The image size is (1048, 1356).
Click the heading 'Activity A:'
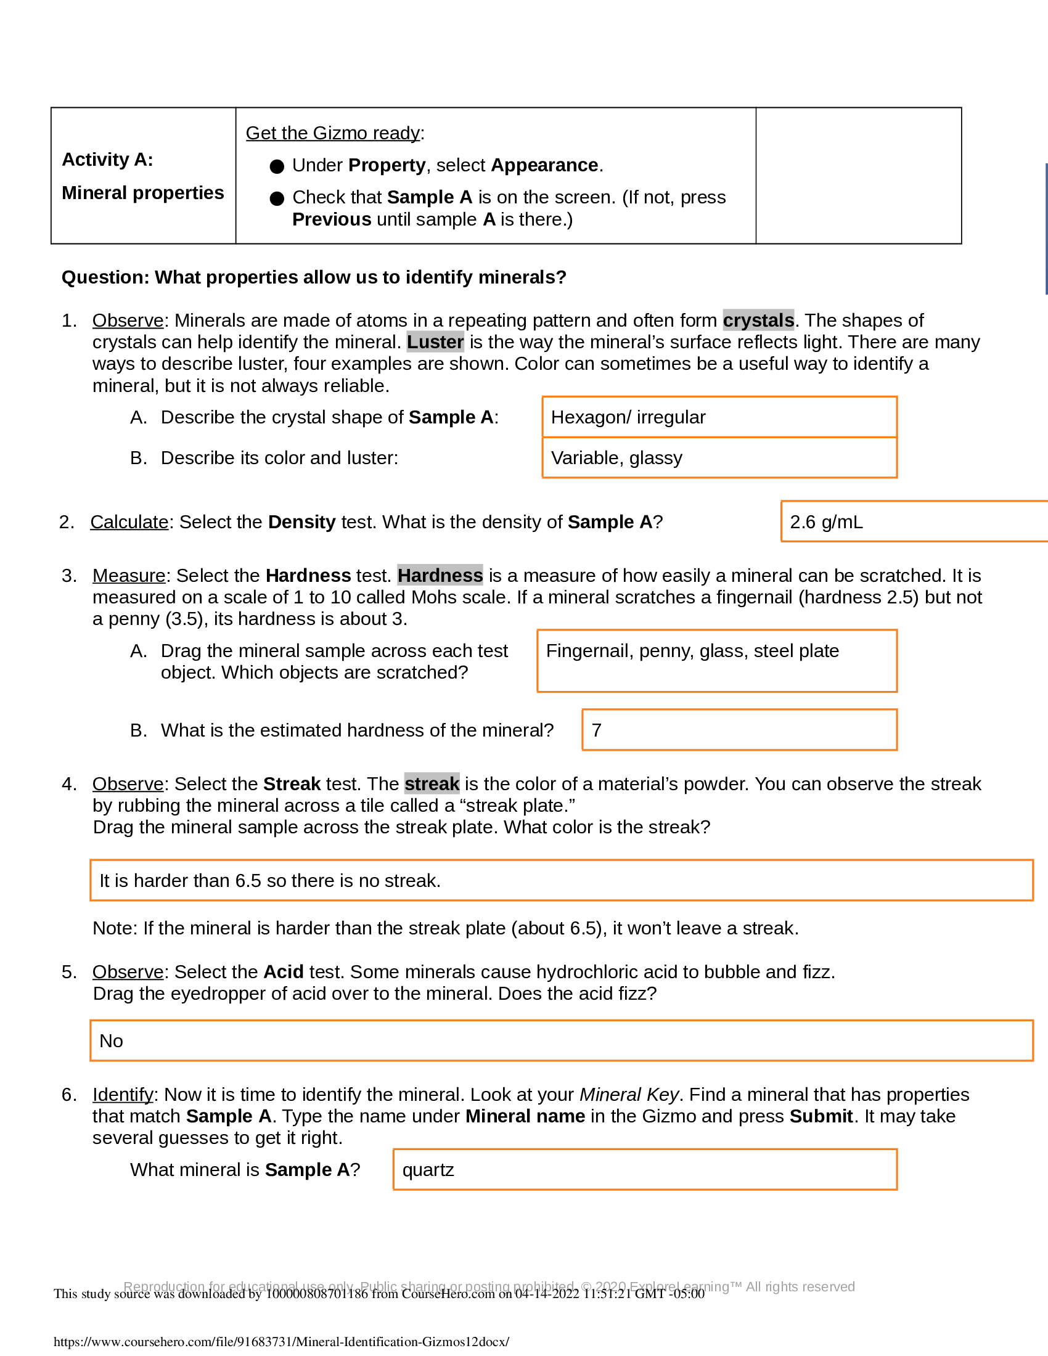coord(107,160)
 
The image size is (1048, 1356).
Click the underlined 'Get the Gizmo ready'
coord(333,133)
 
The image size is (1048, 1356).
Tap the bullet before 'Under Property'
coord(277,166)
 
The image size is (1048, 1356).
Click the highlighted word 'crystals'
coord(758,320)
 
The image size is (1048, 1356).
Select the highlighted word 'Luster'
coord(435,341)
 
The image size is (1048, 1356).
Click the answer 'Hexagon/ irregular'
coord(628,417)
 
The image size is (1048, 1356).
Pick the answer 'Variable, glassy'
coord(616,457)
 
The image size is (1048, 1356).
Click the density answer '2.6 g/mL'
coord(826,521)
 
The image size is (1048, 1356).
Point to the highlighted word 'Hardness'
coord(440,575)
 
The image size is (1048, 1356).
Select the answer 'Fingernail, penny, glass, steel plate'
coord(692,651)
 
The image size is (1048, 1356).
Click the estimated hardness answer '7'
coord(597,730)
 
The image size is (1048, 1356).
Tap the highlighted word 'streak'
coord(432,783)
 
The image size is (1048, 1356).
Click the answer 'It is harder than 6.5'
coord(270,880)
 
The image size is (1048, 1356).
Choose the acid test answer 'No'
coord(111,1040)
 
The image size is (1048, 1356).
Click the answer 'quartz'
coord(428,1170)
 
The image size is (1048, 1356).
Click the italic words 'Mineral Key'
coord(629,1094)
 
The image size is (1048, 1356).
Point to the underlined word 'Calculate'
coord(129,521)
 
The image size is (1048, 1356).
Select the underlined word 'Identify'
coord(123,1094)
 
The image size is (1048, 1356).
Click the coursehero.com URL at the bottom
coord(281,1341)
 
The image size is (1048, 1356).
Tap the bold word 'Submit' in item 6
coord(821,1116)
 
